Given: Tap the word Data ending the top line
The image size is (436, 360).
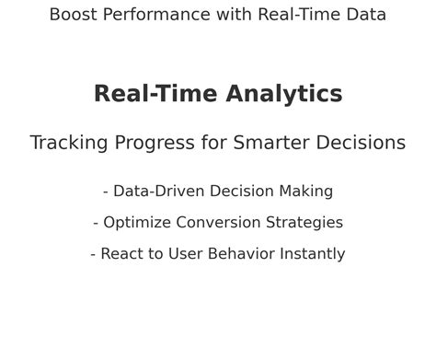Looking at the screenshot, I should click(x=366, y=15).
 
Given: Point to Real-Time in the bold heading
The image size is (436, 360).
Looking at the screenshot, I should click(x=155, y=94).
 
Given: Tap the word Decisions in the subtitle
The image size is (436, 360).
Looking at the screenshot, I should click(x=361, y=143).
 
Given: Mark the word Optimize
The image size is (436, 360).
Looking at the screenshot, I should click(x=136, y=223).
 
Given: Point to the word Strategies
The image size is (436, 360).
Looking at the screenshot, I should click(x=304, y=223).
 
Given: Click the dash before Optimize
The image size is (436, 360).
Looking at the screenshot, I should click(x=97, y=224).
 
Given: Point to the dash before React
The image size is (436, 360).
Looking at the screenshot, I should click(x=94, y=255).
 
